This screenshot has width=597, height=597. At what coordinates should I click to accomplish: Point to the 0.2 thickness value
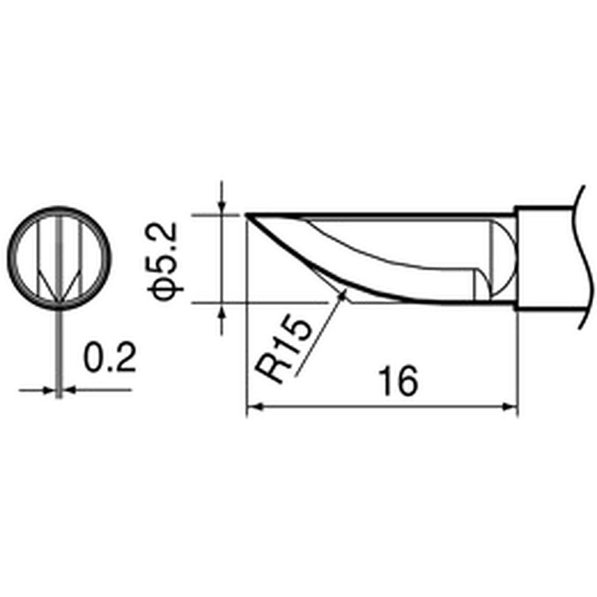tap(110, 357)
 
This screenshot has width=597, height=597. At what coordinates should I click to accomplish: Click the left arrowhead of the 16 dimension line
tap(254, 407)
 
